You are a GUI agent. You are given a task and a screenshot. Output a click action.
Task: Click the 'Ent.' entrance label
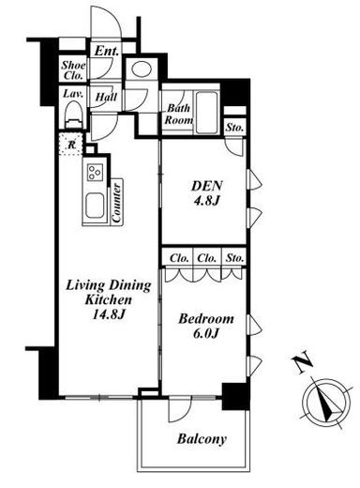coord(107,51)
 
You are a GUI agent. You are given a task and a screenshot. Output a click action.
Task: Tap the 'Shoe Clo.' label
coord(73,70)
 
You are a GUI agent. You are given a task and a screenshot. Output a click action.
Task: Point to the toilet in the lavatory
coord(74,115)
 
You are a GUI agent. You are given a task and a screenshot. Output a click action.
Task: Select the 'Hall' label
coord(106,97)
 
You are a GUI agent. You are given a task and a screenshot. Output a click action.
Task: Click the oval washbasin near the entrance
coord(142,69)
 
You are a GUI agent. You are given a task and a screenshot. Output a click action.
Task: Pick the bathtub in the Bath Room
coord(206,113)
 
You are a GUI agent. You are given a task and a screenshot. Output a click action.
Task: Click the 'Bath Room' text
coord(179,114)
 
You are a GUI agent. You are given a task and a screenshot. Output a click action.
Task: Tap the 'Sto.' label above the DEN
coord(235,128)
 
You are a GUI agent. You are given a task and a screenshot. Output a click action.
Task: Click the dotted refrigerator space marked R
coord(71,145)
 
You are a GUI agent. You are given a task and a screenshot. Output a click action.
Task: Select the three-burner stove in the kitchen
coord(96,173)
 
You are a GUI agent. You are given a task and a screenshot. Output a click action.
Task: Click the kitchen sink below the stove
coord(96,205)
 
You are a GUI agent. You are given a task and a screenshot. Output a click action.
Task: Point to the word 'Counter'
coord(117,203)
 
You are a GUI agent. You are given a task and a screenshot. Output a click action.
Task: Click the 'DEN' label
coord(207,186)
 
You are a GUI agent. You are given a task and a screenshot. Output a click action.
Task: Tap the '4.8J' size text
coord(206,201)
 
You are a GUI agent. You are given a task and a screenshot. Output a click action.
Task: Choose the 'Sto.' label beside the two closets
coord(234,258)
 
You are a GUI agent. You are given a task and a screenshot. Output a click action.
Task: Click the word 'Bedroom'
coord(206,319)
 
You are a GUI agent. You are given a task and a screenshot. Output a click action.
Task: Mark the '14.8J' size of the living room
coord(109,314)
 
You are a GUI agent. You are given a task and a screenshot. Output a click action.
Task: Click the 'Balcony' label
coord(202,439)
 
